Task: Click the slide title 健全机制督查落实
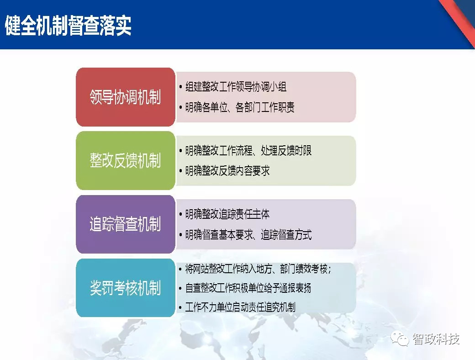click(x=68, y=26)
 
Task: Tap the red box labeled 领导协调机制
click(x=125, y=97)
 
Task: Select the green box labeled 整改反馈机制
click(x=125, y=161)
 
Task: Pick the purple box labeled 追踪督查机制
click(x=125, y=224)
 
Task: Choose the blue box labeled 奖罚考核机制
click(x=125, y=288)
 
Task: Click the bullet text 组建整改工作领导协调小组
click(x=236, y=86)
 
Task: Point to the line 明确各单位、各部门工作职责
click(x=240, y=108)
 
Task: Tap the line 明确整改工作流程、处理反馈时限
click(x=248, y=150)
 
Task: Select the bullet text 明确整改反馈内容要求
click(x=227, y=171)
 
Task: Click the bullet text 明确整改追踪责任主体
click(x=227, y=214)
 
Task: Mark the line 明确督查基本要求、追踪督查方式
click(x=248, y=235)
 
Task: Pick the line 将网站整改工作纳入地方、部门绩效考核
click(x=258, y=269)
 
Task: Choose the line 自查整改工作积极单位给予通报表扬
click(x=248, y=288)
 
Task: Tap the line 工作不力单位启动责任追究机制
click(x=240, y=307)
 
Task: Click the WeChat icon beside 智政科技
click(x=402, y=339)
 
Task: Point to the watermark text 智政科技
click(x=436, y=339)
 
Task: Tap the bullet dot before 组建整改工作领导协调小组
click(x=181, y=87)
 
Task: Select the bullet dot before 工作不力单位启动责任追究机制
click(x=181, y=307)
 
